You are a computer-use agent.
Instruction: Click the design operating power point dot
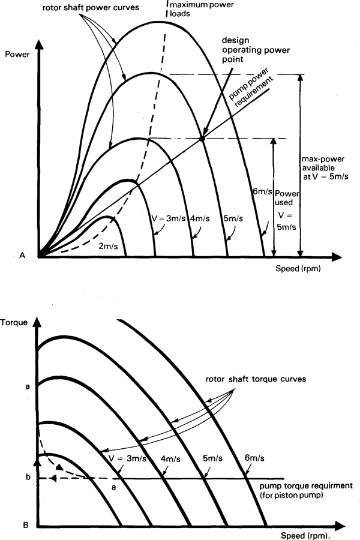pyautogui.click(x=202, y=139)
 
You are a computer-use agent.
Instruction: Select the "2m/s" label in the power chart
pyautogui.click(x=109, y=245)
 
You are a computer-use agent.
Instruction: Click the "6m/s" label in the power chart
pyautogui.click(x=262, y=191)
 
